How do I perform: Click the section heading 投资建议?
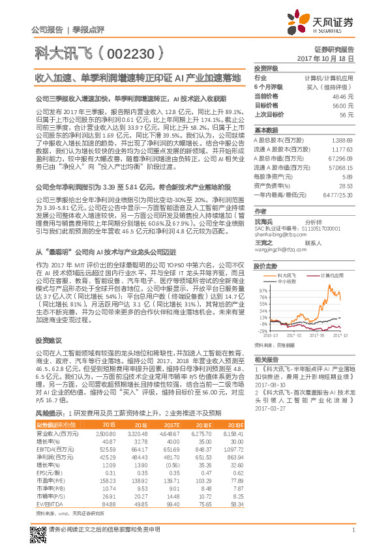pyautogui.click(x=48, y=340)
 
